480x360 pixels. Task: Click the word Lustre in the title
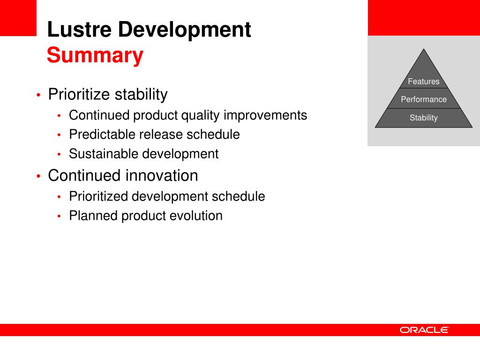click(x=79, y=30)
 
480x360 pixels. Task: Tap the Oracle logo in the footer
click(x=424, y=330)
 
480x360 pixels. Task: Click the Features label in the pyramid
click(x=424, y=82)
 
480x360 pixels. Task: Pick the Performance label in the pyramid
click(x=424, y=99)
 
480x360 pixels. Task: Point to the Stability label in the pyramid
click(x=424, y=118)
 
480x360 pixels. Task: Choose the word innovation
click(x=162, y=176)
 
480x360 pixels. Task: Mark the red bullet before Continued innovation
click(x=38, y=176)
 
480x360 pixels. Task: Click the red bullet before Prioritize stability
click(x=38, y=95)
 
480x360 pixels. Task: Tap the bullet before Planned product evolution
click(x=59, y=216)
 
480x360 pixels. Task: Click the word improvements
click(x=265, y=116)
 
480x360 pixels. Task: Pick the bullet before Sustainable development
click(x=59, y=154)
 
